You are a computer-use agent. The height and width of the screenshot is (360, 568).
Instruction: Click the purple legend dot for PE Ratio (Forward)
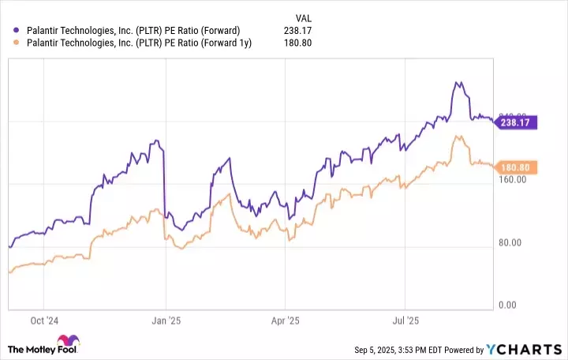[17, 30]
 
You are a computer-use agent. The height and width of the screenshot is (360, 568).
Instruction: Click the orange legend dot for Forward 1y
[17, 43]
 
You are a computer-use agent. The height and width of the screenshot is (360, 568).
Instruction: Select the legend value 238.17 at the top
[298, 30]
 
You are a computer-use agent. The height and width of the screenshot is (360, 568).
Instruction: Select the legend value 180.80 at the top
[298, 43]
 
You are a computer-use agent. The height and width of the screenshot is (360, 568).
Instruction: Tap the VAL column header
[303, 16]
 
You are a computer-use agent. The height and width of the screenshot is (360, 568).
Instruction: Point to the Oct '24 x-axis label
[45, 321]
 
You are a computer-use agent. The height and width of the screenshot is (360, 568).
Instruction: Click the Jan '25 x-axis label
[166, 321]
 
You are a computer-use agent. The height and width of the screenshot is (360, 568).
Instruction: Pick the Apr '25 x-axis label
[285, 321]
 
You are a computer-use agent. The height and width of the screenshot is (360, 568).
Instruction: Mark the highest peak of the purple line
[457, 81]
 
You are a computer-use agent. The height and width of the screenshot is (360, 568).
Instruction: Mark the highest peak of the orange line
[458, 137]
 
